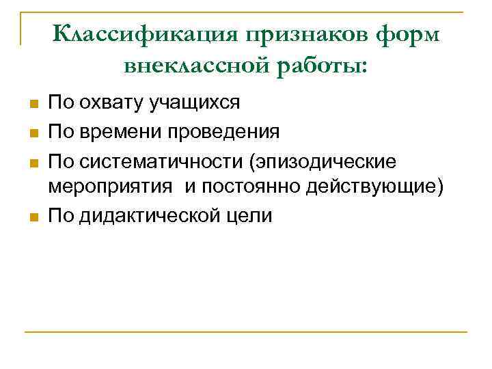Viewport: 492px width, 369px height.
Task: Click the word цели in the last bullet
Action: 254,217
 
